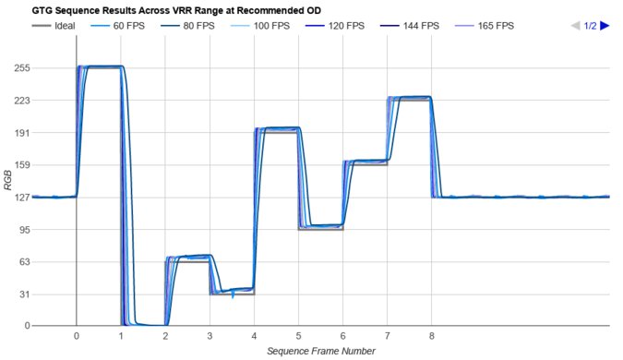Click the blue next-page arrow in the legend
[x=605, y=26]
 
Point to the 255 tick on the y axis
[x=17, y=68]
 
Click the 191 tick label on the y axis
[x=17, y=133]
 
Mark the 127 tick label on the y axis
[x=17, y=197]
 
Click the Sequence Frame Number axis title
[x=320, y=351]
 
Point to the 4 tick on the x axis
[x=254, y=336]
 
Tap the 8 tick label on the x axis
[x=431, y=336]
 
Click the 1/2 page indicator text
[x=589, y=26]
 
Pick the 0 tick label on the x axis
[x=77, y=336]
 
